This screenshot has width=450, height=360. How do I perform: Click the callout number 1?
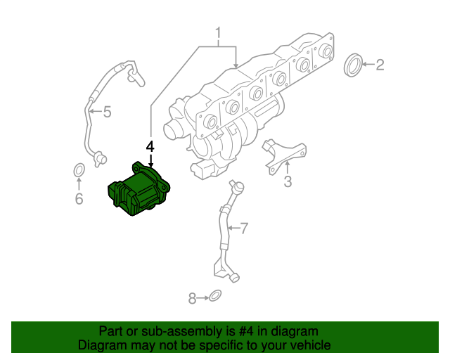218,33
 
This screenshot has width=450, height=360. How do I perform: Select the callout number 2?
380,65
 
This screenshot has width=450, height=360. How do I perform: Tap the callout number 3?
288,184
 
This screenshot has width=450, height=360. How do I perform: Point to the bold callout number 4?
150,146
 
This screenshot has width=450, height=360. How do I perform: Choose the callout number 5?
108,111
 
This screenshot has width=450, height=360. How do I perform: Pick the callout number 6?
79,200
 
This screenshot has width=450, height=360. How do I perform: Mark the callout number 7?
244,228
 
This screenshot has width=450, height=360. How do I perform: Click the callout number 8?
193,299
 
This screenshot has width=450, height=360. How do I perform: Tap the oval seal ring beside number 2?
355,65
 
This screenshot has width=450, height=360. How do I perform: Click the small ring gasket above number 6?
79,170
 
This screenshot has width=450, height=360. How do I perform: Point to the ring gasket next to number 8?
217,297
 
